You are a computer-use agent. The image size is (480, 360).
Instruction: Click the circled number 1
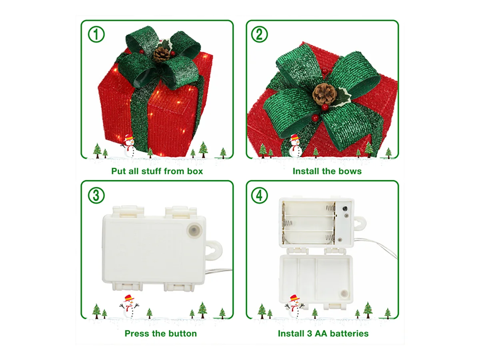pos(96,34)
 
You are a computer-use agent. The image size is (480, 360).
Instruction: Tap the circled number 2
pos(259,34)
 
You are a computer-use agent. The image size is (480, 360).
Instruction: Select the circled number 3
pos(96,195)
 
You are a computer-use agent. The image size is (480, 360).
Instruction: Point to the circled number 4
pos(259,195)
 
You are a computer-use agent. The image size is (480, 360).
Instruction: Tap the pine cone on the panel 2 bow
pos(324,94)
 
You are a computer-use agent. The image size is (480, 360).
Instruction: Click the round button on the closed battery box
pos(194,230)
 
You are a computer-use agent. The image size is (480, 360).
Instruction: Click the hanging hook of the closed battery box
pos(214,250)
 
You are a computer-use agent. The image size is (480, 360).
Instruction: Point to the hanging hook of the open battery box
pos(360,224)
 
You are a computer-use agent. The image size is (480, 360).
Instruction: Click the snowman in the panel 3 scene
pos(129,306)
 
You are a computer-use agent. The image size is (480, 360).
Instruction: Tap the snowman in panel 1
pos(129,146)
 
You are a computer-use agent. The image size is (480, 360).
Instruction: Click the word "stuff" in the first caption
pos(152,171)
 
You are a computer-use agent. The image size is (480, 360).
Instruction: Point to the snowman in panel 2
pos(295,146)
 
